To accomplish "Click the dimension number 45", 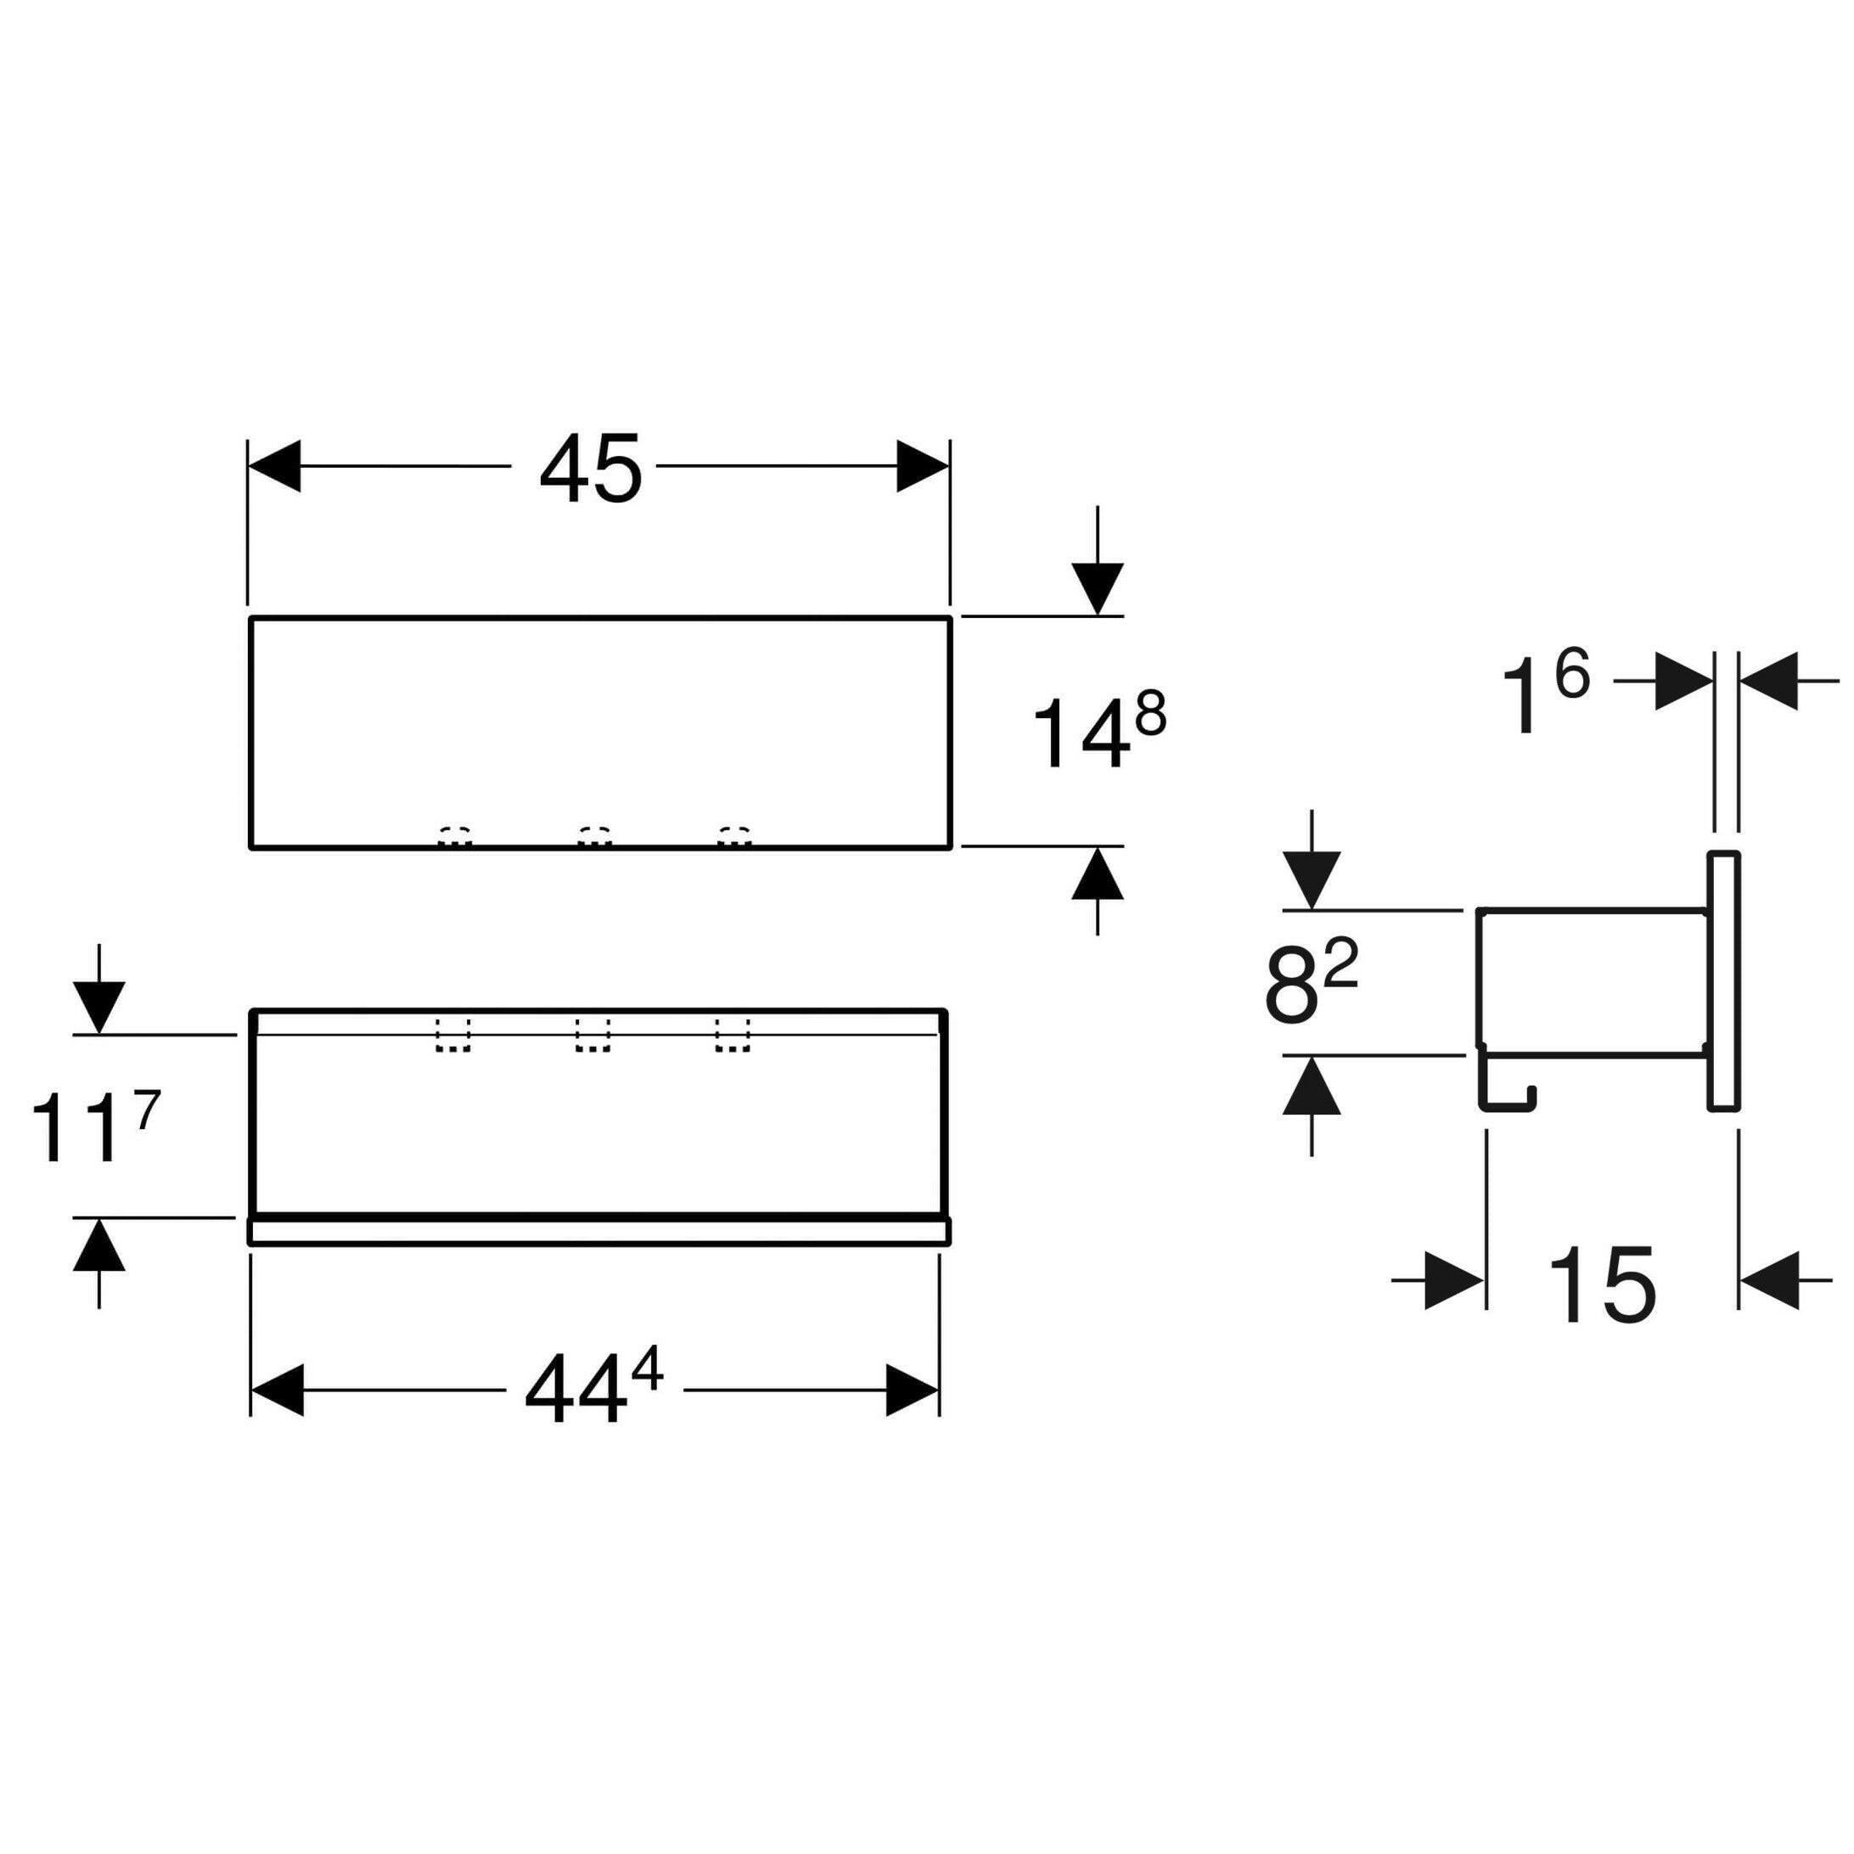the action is tap(590, 469).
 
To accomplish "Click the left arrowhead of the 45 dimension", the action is tap(274, 466).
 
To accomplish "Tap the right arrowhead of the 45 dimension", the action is tap(922, 466).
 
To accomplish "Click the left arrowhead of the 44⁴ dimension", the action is tap(277, 1390).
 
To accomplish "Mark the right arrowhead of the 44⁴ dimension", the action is tap(912, 1390).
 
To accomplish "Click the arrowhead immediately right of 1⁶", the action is tap(1684, 682).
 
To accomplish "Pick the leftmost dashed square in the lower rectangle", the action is tap(454, 1035).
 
